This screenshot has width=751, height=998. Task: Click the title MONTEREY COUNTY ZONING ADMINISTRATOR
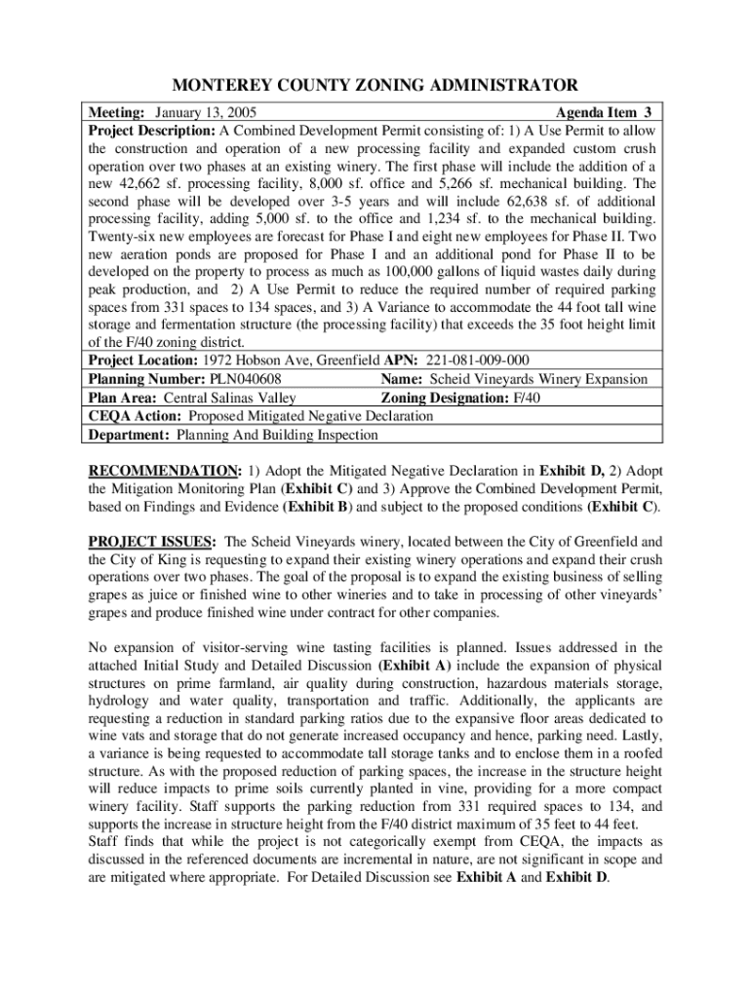pyautogui.click(x=375, y=85)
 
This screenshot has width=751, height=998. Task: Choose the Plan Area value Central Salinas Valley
pyautogui.click(x=230, y=397)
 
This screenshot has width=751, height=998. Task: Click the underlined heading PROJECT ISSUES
pyautogui.click(x=153, y=542)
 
